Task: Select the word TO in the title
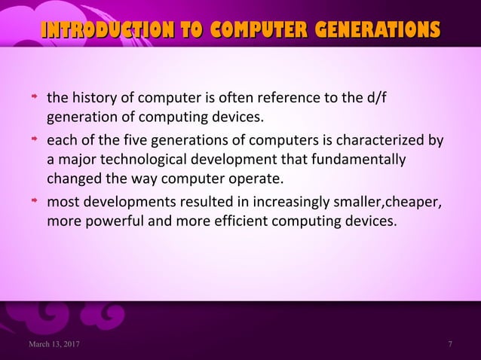190,30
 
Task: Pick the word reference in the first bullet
291,99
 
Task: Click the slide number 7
450,345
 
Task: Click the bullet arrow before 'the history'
34,99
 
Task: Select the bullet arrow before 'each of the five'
34,140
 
